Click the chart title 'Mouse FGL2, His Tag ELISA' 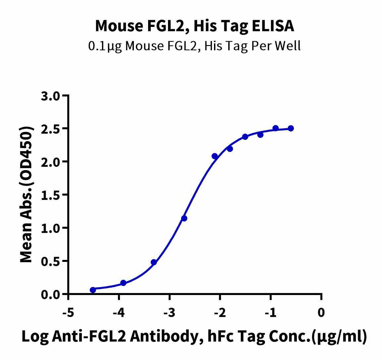pyautogui.click(x=194, y=26)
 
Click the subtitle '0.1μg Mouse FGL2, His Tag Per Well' pyautogui.click(x=194, y=46)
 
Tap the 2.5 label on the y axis pyautogui.click(x=51, y=129)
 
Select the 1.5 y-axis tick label pyautogui.click(x=51, y=195)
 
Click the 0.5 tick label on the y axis pyautogui.click(x=51, y=261)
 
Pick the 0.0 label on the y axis pyautogui.click(x=51, y=294)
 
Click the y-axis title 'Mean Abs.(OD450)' pyautogui.click(x=27, y=195)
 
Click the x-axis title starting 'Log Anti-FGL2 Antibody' pyautogui.click(x=194, y=337)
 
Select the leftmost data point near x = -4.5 pyautogui.click(x=93, y=290)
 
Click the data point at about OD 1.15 pyautogui.click(x=184, y=218)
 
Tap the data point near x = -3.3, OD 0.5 pyautogui.click(x=154, y=262)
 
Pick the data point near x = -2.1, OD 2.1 pyautogui.click(x=215, y=156)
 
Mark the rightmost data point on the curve pyautogui.click(x=291, y=128)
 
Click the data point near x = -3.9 pyautogui.click(x=123, y=283)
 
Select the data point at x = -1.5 pyautogui.click(x=245, y=137)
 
